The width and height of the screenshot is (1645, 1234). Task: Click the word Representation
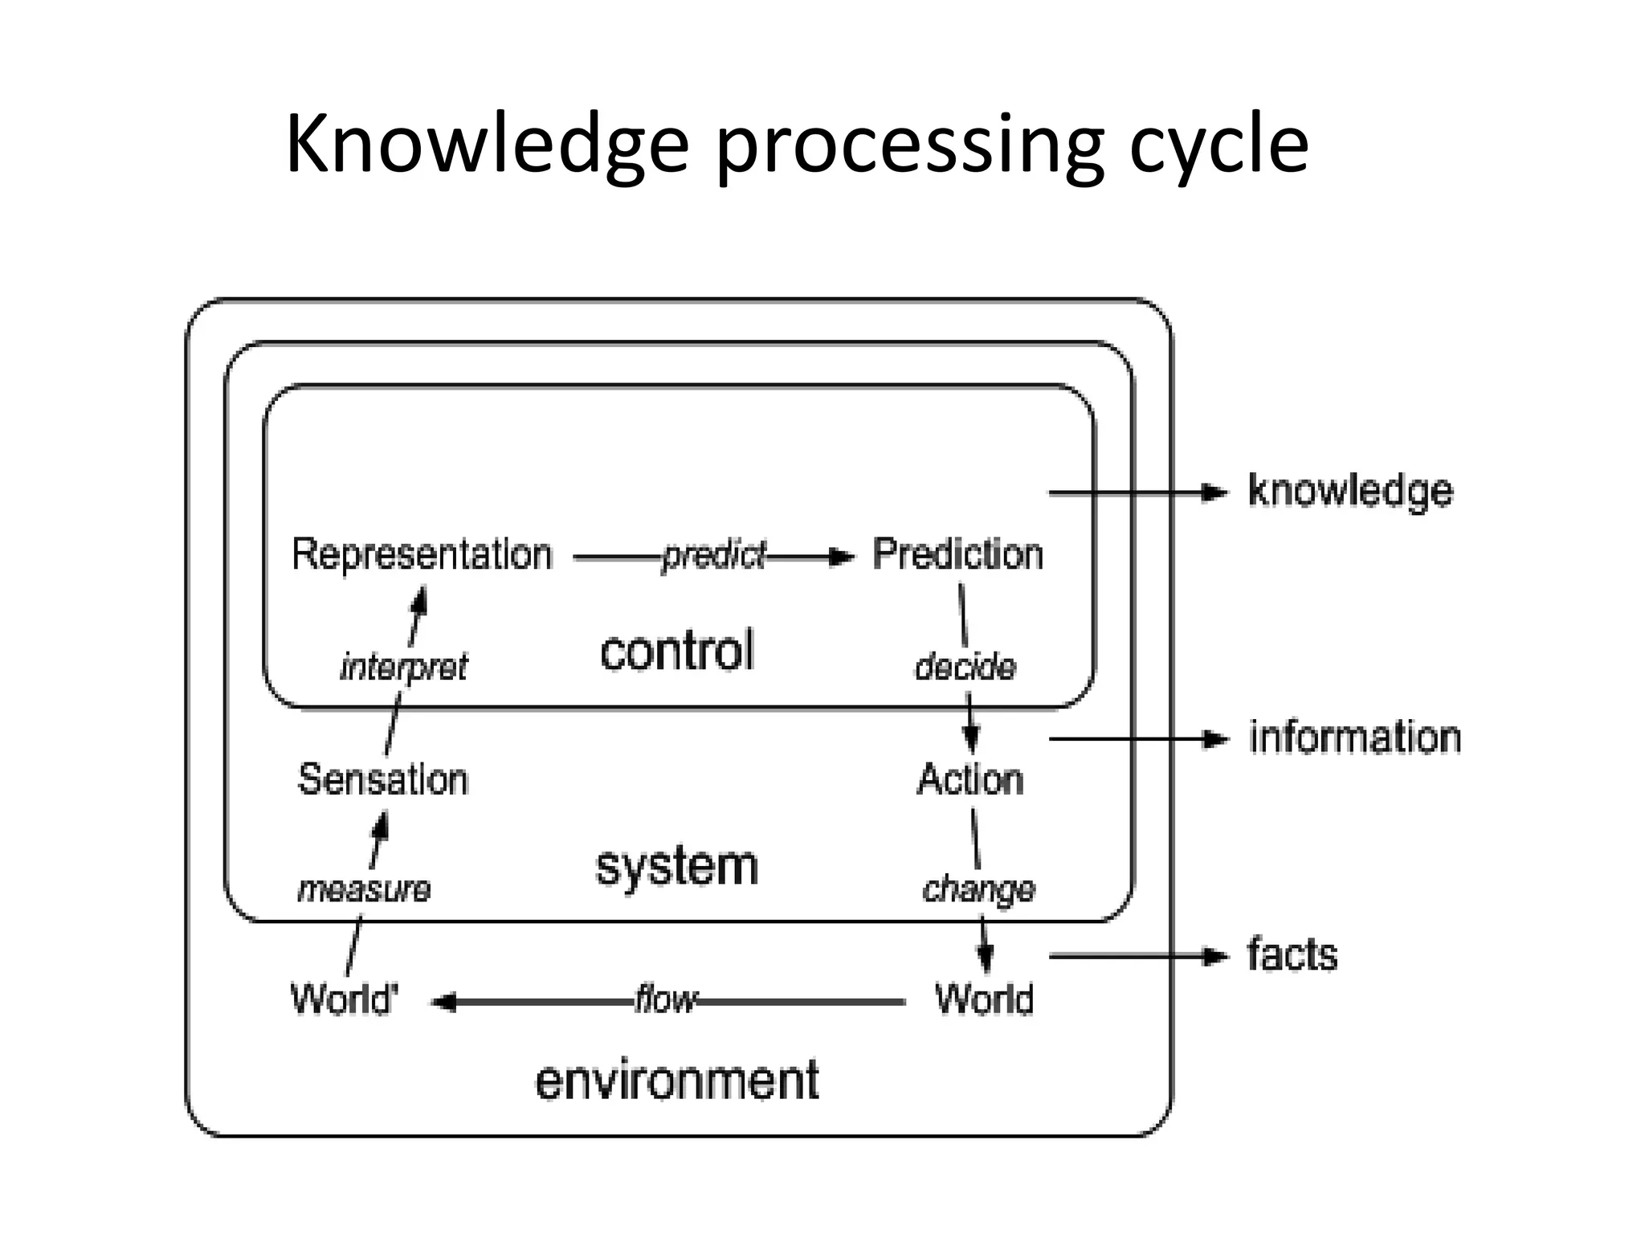pyautogui.click(x=422, y=554)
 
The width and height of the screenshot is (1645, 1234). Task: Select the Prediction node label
pyautogui.click(x=957, y=554)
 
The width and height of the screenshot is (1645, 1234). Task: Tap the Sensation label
pyautogui.click(x=382, y=779)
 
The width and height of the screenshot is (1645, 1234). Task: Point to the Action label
pyautogui.click(x=970, y=779)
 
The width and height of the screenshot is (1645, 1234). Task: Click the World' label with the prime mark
pyautogui.click(x=344, y=999)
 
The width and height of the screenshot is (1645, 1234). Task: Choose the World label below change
pyautogui.click(x=984, y=999)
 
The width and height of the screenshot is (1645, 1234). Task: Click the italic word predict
pyautogui.click(x=713, y=556)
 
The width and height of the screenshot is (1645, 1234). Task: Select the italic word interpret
pyautogui.click(x=403, y=667)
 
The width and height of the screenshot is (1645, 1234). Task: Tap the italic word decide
pyautogui.click(x=965, y=667)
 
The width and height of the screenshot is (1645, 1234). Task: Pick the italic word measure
pyautogui.click(x=364, y=889)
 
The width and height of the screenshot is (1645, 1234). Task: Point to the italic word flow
pyautogui.click(x=665, y=1000)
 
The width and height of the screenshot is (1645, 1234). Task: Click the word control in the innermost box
pyautogui.click(x=677, y=651)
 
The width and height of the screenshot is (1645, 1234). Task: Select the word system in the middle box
pyautogui.click(x=676, y=867)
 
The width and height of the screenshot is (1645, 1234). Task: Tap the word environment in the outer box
pyautogui.click(x=676, y=1080)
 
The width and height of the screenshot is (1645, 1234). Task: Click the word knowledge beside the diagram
pyautogui.click(x=1350, y=491)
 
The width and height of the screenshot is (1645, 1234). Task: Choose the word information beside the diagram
pyautogui.click(x=1354, y=738)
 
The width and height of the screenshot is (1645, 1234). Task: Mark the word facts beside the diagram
pyautogui.click(x=1292, y=955)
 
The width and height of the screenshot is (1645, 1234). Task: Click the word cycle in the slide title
pyautogui.click(x=1218, y=145)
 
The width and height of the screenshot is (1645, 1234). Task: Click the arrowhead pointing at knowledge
pyautogui.click(x=1214, y=492)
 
